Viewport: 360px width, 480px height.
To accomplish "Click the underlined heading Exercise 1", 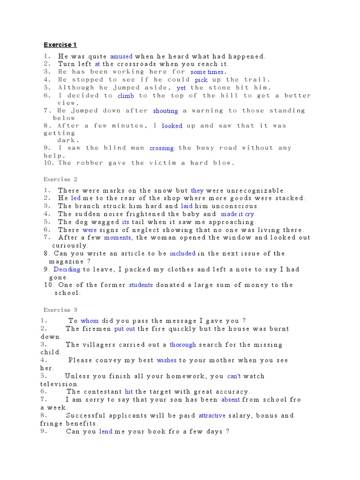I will click(x=60, y=45).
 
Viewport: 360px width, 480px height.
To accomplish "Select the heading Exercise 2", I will click(x=60, y=179).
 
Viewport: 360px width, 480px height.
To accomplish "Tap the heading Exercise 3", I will click(x=60, y=310).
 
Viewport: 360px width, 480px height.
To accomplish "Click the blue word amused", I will click(x=121, y=56).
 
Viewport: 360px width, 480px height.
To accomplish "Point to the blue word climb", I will click(x=126, y=96).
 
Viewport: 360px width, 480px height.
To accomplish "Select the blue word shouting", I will click(x=165, y=111).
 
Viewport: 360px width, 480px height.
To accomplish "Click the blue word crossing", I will click(x=161, y=148).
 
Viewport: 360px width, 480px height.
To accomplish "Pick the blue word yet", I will click(x=181, y=88).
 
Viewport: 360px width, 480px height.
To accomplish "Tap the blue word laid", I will click(x=187, y=206).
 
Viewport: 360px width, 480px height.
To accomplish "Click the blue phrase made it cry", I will click(x=238, y=214).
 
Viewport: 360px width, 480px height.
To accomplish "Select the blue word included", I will click(x=182, y=254).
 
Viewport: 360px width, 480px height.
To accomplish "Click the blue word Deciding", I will click(x=67, y=270).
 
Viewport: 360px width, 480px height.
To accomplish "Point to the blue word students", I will click(x=141, y=285).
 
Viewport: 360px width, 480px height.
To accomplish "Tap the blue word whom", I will click(x=90, y=321).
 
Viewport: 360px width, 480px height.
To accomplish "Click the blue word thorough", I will click(x=183, y=345).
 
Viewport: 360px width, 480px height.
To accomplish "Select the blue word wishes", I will click(x=166, y=360).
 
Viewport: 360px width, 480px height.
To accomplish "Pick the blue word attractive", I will click(x=212, y=415).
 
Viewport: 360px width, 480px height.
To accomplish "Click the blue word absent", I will click(x=230, y=400).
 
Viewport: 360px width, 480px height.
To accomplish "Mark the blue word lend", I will click(x=105, y=431).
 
